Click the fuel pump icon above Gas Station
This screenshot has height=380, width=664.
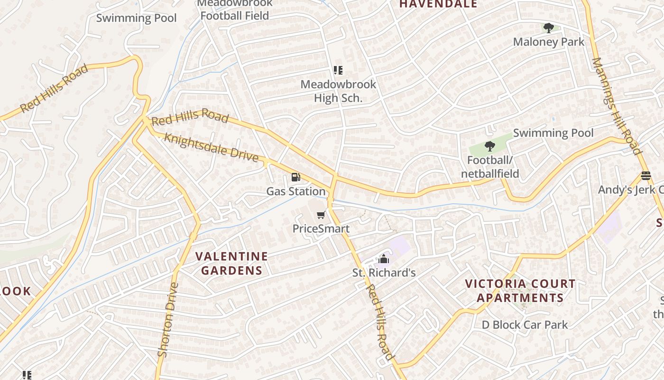tap(295, 178)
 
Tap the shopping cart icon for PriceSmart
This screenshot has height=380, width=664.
tap(321, 215)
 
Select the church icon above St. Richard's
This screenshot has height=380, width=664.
tap(384, 259)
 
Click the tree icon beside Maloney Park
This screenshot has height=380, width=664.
tap(549, 28)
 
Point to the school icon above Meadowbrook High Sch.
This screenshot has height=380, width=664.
tap(338, 71)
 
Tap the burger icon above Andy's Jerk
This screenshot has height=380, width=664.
tap(646, 176)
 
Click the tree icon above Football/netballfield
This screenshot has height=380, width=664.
tap(490, 146)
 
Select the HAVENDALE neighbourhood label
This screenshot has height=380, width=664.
tap(438, 4)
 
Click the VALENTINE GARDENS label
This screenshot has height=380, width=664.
tap(232, 264)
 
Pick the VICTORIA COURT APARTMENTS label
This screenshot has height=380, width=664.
tap(520, 291)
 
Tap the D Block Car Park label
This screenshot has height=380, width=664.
tap(525, 325)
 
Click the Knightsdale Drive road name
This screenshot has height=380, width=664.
tap(211, 147)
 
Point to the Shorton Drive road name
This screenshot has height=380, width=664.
tap(168, 320)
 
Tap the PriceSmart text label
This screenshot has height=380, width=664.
tap(321, 228)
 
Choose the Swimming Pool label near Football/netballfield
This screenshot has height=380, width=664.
tap(553, 133)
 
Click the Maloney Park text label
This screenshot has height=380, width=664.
tap(549, 42)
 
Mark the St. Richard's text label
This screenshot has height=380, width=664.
tap(384, 273)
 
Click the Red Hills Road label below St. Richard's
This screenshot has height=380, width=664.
tap(380, 322)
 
